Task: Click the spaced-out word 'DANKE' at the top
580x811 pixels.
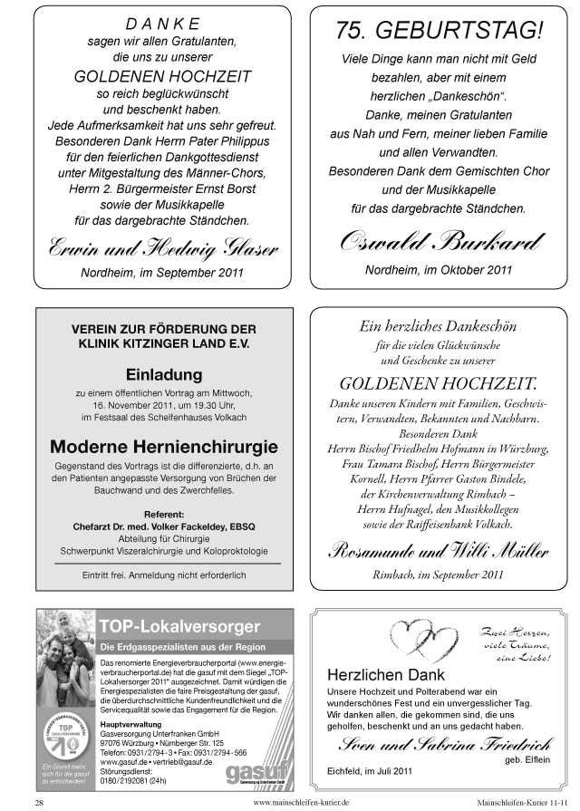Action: click(x=150, y=24)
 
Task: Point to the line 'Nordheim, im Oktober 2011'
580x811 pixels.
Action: click(x=438, y=269)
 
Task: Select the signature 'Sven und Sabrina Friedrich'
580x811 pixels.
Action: click(x=439, y=745)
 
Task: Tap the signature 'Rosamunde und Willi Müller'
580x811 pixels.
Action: click(x=438, y=550)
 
